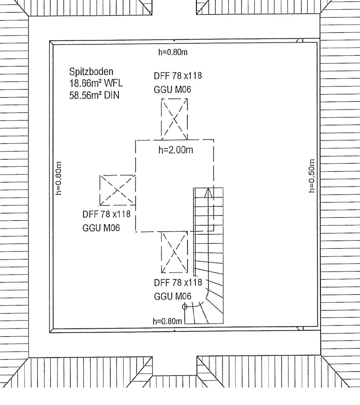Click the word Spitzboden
[x=91, y=72]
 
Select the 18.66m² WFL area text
[x=96, y=83]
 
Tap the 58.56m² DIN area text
[x=94, y=95]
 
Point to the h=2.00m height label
[x=176, y=150]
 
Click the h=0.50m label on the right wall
[x=312, y=176]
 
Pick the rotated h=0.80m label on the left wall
[x=58, y=178]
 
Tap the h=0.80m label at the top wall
[x=173, y=52]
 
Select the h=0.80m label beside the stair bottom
[x=167, y=321]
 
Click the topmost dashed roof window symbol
[x=174, y=119]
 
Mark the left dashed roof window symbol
[x=118, y=190]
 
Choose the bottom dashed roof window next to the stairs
[x=174, y=252]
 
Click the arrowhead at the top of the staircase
[x=208, y=193]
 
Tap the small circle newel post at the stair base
[x=184, y=307]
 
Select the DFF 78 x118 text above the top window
[x=178, y=76]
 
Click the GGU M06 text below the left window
[x=101, y=228]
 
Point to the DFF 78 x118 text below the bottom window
[x=178, y=283]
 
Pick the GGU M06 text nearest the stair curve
[x=173, y=296]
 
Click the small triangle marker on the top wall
[x=174, y=41]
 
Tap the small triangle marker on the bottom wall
[x=175, y=331]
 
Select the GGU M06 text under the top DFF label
[x=172, y=90]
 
